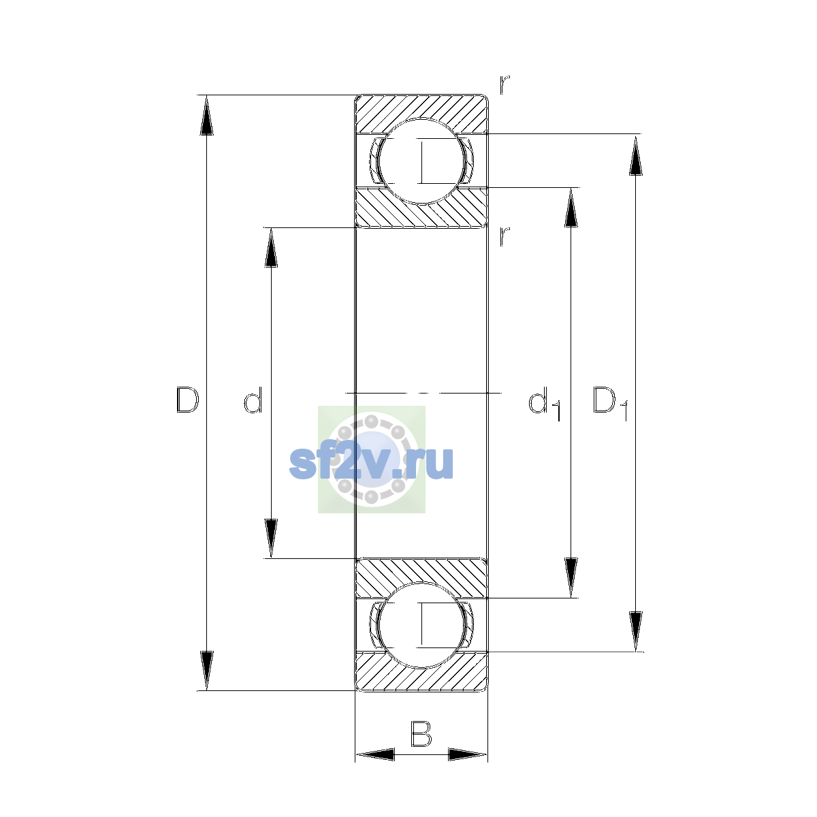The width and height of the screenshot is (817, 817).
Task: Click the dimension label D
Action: point(187,400)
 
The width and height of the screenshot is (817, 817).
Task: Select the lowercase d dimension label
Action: point(253,400)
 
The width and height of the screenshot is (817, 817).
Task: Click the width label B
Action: point(421,733)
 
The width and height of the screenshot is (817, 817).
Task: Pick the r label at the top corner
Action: point(504,84)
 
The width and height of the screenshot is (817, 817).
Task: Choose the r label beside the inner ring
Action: point(504,236)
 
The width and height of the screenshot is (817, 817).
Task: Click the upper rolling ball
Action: point(421,161)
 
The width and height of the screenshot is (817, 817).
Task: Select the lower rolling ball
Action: point(421,626)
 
